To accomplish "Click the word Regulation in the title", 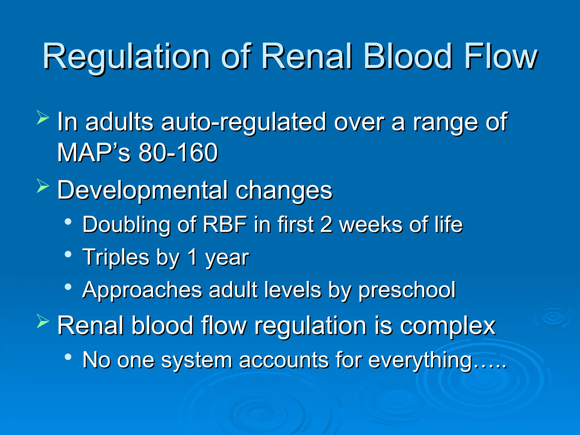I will [x=126, y=57].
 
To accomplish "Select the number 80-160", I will [x=178, y=153].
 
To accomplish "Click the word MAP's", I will [x=93, y=153].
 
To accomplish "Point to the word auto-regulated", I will [x=244, y=122].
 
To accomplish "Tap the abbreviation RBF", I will [x=225, y=225].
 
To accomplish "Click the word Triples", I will [x=116, y=257].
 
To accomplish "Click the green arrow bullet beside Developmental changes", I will [x=43, y=187].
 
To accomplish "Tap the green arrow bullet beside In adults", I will [x=43, y=118].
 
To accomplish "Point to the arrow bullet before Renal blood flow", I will [x=43, y=322].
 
